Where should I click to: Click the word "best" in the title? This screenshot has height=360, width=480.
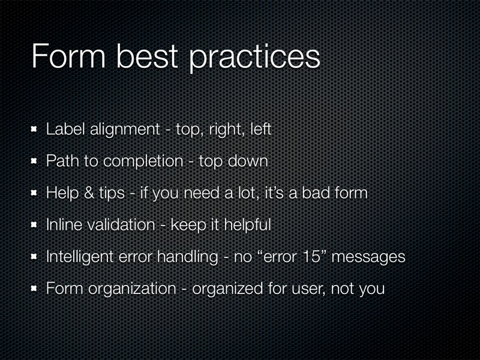point(147,56)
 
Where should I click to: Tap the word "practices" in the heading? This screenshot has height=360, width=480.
point(254,59)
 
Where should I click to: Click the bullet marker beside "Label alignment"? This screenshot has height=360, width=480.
point(34,129)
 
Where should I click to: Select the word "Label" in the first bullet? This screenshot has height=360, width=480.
point(65,129)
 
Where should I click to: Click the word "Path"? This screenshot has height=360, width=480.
point(62,161)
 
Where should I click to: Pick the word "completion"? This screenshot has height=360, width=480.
point(143,161)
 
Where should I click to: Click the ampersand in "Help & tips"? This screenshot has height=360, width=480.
point(89,193)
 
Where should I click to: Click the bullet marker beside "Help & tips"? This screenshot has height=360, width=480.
point(34,193)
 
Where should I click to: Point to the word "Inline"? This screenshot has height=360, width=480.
point(64,224)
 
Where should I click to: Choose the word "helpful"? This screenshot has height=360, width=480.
point(247,226)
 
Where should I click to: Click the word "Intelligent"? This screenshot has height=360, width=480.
point(80,257)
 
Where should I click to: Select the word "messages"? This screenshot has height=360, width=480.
point(368,258)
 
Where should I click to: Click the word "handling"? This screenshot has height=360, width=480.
point(187,257)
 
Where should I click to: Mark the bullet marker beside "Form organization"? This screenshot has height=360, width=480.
point(34,289)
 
